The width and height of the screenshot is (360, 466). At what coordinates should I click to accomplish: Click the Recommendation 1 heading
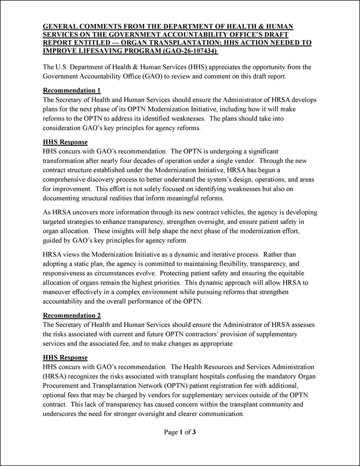[x=72, y=90]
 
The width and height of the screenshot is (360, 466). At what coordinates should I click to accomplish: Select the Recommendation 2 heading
[x=72, y=315]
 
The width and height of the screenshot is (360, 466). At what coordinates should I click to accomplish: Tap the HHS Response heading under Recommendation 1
[x=65, y=142]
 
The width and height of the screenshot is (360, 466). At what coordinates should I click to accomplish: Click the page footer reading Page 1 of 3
[x=180, y=432]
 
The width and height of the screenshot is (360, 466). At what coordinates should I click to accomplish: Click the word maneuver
[x=59, y=292]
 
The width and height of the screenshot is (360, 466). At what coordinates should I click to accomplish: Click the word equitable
[x=295, y=273]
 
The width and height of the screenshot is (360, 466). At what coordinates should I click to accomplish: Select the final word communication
[x=217, y=414]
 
